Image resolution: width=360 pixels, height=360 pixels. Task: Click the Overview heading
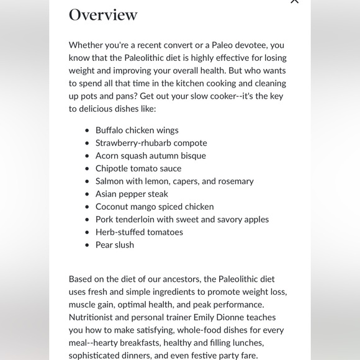click(x=103, y=14)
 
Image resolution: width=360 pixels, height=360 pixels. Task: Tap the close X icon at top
click(x=294, y=1)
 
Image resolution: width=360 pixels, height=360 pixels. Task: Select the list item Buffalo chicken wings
click(x=137, y=130)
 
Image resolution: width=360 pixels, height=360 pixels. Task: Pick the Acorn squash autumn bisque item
click(x=150, y=156)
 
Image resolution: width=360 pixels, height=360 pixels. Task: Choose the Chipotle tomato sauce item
click(x=138, y=168)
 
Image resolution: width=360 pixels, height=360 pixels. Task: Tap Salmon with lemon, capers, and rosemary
click(x=174, y=181)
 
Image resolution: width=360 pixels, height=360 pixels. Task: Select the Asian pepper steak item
click(x=132, y=194)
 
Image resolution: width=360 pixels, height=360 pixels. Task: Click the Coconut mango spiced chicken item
click(x=155, y=207)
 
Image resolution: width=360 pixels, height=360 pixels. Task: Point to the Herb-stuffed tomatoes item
click(x=139, y=232)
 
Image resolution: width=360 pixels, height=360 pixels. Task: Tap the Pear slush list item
click(x=115, y=245)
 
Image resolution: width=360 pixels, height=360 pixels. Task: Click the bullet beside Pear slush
click(x=87, y=245)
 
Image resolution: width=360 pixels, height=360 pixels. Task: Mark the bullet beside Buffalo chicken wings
click(x=87, y=130)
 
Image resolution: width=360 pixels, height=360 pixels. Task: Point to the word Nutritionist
click(x=93, y=317)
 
